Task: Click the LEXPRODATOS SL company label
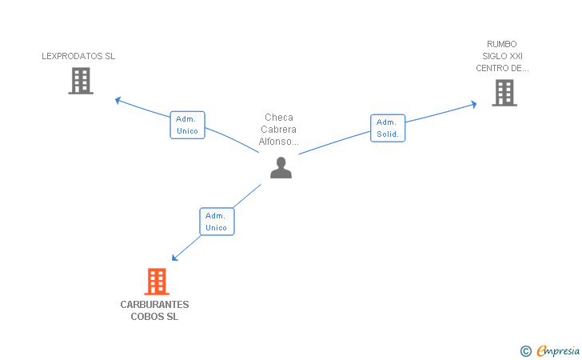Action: pos(78,56)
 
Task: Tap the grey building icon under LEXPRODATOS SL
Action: pos(81,81)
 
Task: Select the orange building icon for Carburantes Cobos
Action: pos(157,282)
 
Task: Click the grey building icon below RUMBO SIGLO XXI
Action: pos(504,93)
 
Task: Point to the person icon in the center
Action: pos(281,168)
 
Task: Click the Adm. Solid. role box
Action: pos(388,128)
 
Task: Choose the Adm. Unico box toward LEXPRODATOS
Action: pos(187,126)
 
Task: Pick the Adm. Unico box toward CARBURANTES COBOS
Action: pos(217,222)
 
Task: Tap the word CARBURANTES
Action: pos(154,305)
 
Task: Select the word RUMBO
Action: pos(502,44)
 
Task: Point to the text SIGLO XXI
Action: pos(502,56)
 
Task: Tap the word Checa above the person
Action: pos(279,118)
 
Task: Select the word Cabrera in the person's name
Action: pos(278,130)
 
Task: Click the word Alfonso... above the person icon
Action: pos(278,142)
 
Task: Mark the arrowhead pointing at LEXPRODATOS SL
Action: pos(118,100)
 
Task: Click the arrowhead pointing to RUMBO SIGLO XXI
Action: pos(473,104)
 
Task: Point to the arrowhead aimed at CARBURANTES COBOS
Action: pos(174,258)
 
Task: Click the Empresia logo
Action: pos(550,350)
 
